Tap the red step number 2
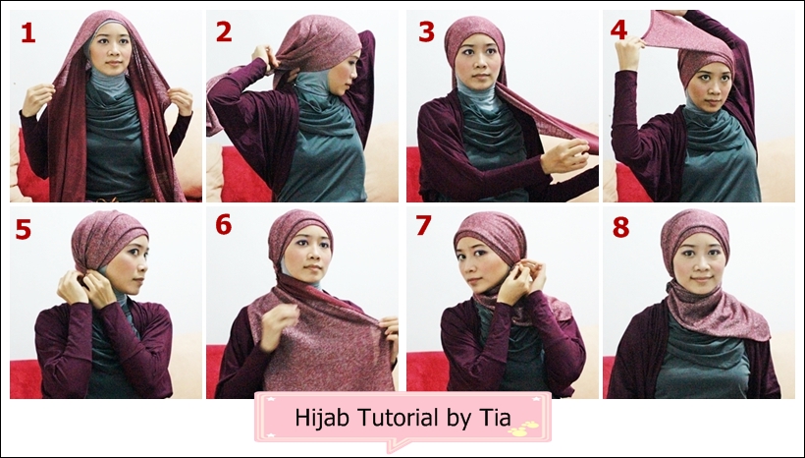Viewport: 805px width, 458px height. pos(224,32)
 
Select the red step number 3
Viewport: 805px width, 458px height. pos(425,32)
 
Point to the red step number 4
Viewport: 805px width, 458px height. pos(618,29)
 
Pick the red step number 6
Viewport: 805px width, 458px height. pos(224,225)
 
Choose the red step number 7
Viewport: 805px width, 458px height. pos(424,226)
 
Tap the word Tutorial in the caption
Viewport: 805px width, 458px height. pos(383,417)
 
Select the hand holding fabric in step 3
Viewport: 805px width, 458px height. pos(568,154)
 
